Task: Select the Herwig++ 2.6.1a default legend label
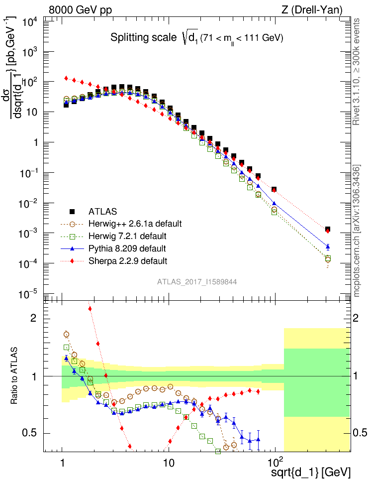tap(134, 224)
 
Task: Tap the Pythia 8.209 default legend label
tap(128, 248)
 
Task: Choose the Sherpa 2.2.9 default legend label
tap(128, 261)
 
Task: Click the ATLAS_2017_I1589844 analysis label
tap(197, 282)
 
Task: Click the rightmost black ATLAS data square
tap(328, 230)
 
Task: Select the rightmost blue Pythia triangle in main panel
tap(328, 246)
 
